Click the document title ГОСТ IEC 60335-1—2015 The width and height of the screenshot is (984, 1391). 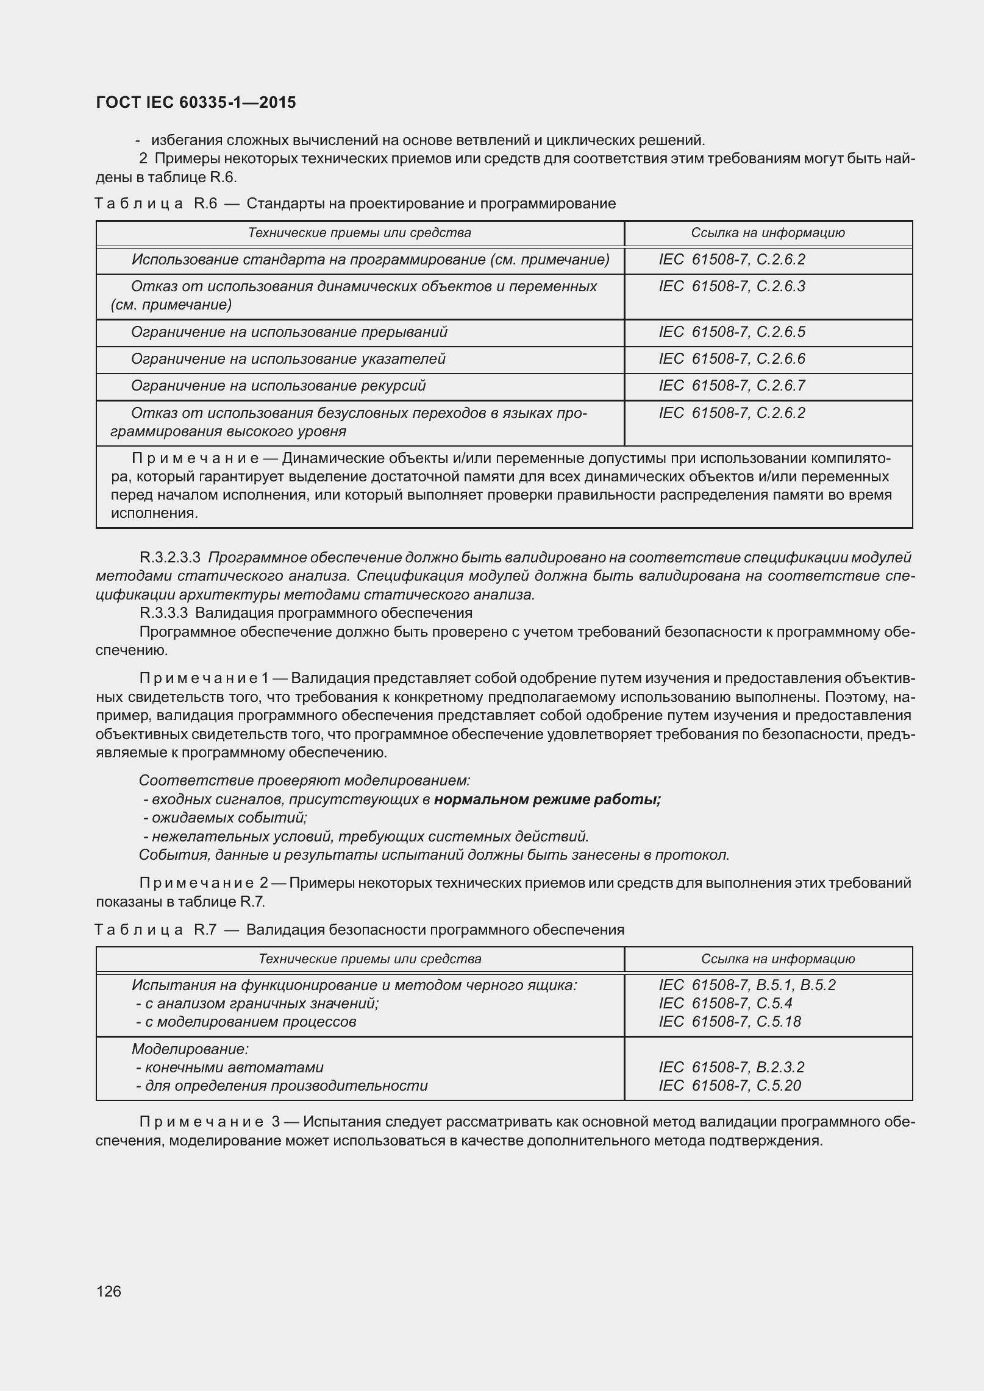pyautogui.click(x=196, y=102)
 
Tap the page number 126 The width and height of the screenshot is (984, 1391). pyautogui.click(x=109, y=1290)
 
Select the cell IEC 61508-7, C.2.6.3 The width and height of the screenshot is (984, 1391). pyautogui.click(x=732, y=286)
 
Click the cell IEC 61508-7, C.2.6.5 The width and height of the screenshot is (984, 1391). pyautogui.click(x=732, y=332)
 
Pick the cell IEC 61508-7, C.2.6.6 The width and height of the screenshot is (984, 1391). pyautogui.click(x=732, y=359)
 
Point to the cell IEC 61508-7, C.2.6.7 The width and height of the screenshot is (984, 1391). pyautogui.click(x=732, y=386)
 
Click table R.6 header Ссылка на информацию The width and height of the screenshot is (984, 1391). pyautogui.click(x=768, y=233)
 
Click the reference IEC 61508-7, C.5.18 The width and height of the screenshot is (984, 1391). pyautogui.click(x=730, y=1022)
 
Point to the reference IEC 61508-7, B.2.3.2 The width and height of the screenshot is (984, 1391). pyautogui.click(x=732, y=1067)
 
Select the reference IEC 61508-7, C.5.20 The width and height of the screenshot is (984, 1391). pyautogui.click(x=730, y=1085)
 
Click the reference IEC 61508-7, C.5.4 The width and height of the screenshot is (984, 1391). pyautogui.click(x=726, y=1003)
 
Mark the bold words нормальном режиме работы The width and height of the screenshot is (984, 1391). pyautogui.click(x=547, y=799)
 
